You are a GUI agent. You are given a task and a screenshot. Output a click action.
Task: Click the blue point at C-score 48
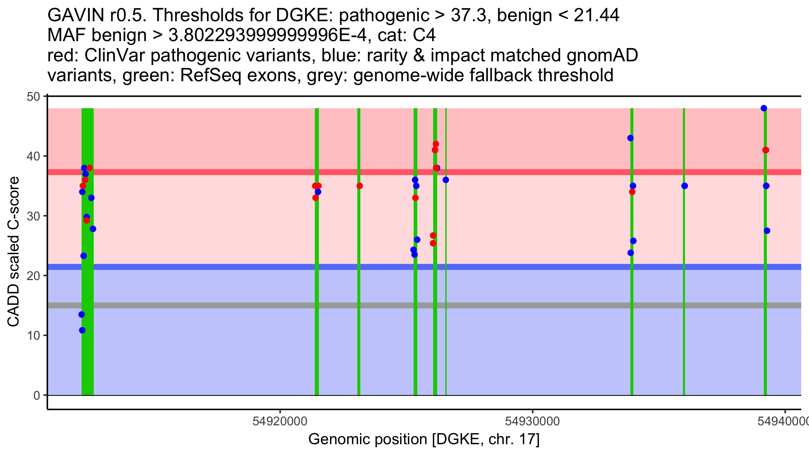pyautogui.click(x=764, y=108)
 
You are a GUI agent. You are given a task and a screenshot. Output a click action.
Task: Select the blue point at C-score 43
pyautogui.click(x=630, y=138)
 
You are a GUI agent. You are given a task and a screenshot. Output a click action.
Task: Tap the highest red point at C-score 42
pyautogui.click(x=436, y=144)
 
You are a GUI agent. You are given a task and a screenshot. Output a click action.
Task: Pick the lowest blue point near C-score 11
pyautogui.click(x=82, y=330)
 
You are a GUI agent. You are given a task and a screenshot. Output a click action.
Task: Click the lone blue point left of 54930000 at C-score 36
pyautogui.click(x=446, y=180)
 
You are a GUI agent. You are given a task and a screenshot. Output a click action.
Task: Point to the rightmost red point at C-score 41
pyautogui.click(x=766, y=150)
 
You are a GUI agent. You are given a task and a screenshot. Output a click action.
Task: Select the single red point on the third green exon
pyautogui.click(x=360, y=186)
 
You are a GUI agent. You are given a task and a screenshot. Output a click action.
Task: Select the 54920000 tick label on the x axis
pyautogui.click(x=280, y=421)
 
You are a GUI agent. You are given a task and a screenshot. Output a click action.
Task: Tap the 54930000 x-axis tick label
pyautogui.click(x=533, y=421)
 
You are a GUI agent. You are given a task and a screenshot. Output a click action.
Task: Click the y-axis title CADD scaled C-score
pyautogui.click(x=13, y=252)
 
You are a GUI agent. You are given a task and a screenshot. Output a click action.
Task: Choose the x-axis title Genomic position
pyautogui.click(x=424, y=439)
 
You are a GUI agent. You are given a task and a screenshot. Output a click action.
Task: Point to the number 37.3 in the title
pyautogui.click(x=470, y=16)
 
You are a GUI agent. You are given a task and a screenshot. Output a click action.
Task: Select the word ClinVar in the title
pyautogui.click(x=116, y=56)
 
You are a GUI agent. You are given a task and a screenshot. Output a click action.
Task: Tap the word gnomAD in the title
pyautogui.click(x=602, y=56)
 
